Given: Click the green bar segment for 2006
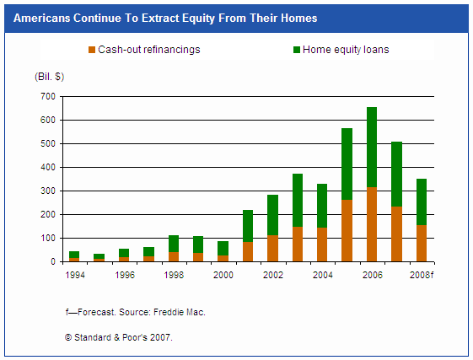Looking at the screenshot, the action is point(372,148).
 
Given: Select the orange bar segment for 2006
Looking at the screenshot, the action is point(372,224).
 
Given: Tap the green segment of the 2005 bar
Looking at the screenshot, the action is point(347,164).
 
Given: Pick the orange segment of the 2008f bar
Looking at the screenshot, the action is point(422,244).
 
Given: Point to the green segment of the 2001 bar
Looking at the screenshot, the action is point(248,226).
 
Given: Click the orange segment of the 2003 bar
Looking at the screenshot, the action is point(298,244).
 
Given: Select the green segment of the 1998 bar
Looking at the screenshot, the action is point(174,244).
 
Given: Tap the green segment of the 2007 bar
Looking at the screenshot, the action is point(396,175).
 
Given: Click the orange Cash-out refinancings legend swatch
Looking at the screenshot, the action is point(92,50).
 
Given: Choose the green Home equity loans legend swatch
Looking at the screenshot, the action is point(297,50).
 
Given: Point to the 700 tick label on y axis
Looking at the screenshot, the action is point(48,97).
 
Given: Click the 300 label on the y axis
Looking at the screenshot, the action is point(48,191).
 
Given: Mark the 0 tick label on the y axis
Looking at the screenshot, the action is point(53,261).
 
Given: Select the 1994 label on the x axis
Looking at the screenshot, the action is point(75,275).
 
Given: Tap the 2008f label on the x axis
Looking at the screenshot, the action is point(422,275).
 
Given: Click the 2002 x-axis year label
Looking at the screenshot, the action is point(273,275).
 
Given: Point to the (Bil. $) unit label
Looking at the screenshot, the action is point(50,77).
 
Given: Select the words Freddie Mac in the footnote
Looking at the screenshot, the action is point(180,312).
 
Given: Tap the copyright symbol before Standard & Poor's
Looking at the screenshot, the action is point(68,337).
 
